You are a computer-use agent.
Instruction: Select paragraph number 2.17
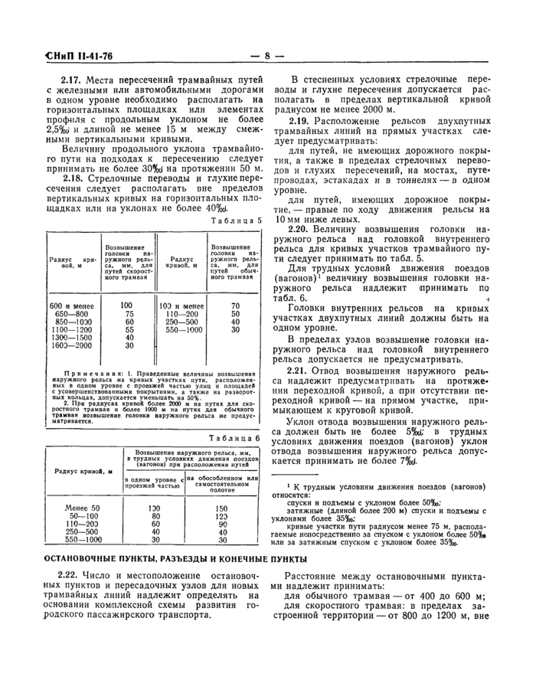(x=74, y=79)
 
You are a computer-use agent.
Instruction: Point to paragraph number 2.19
(x=301, y=122)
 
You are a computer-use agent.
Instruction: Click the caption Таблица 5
(x=237, y=221)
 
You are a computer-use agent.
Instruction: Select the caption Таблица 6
(x=237, y=438)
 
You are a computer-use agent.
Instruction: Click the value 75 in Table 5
(x=129, y=314)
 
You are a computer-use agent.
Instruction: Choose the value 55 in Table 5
(x=129, y=329)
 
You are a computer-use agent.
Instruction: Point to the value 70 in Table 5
(x=236, y=306)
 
